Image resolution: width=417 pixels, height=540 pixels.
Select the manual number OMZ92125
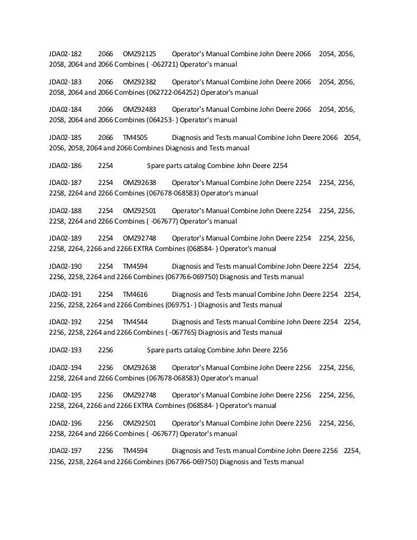point(140,53)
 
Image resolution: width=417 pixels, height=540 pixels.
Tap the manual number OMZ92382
point(140,81)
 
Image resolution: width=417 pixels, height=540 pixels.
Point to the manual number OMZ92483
point(140,109)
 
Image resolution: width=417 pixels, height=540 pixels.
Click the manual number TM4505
point(135,137)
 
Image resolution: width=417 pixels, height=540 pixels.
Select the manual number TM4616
point(135,294)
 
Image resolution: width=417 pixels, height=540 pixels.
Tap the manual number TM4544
point(135,322)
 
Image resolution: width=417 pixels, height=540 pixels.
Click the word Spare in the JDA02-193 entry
point(157,350)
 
